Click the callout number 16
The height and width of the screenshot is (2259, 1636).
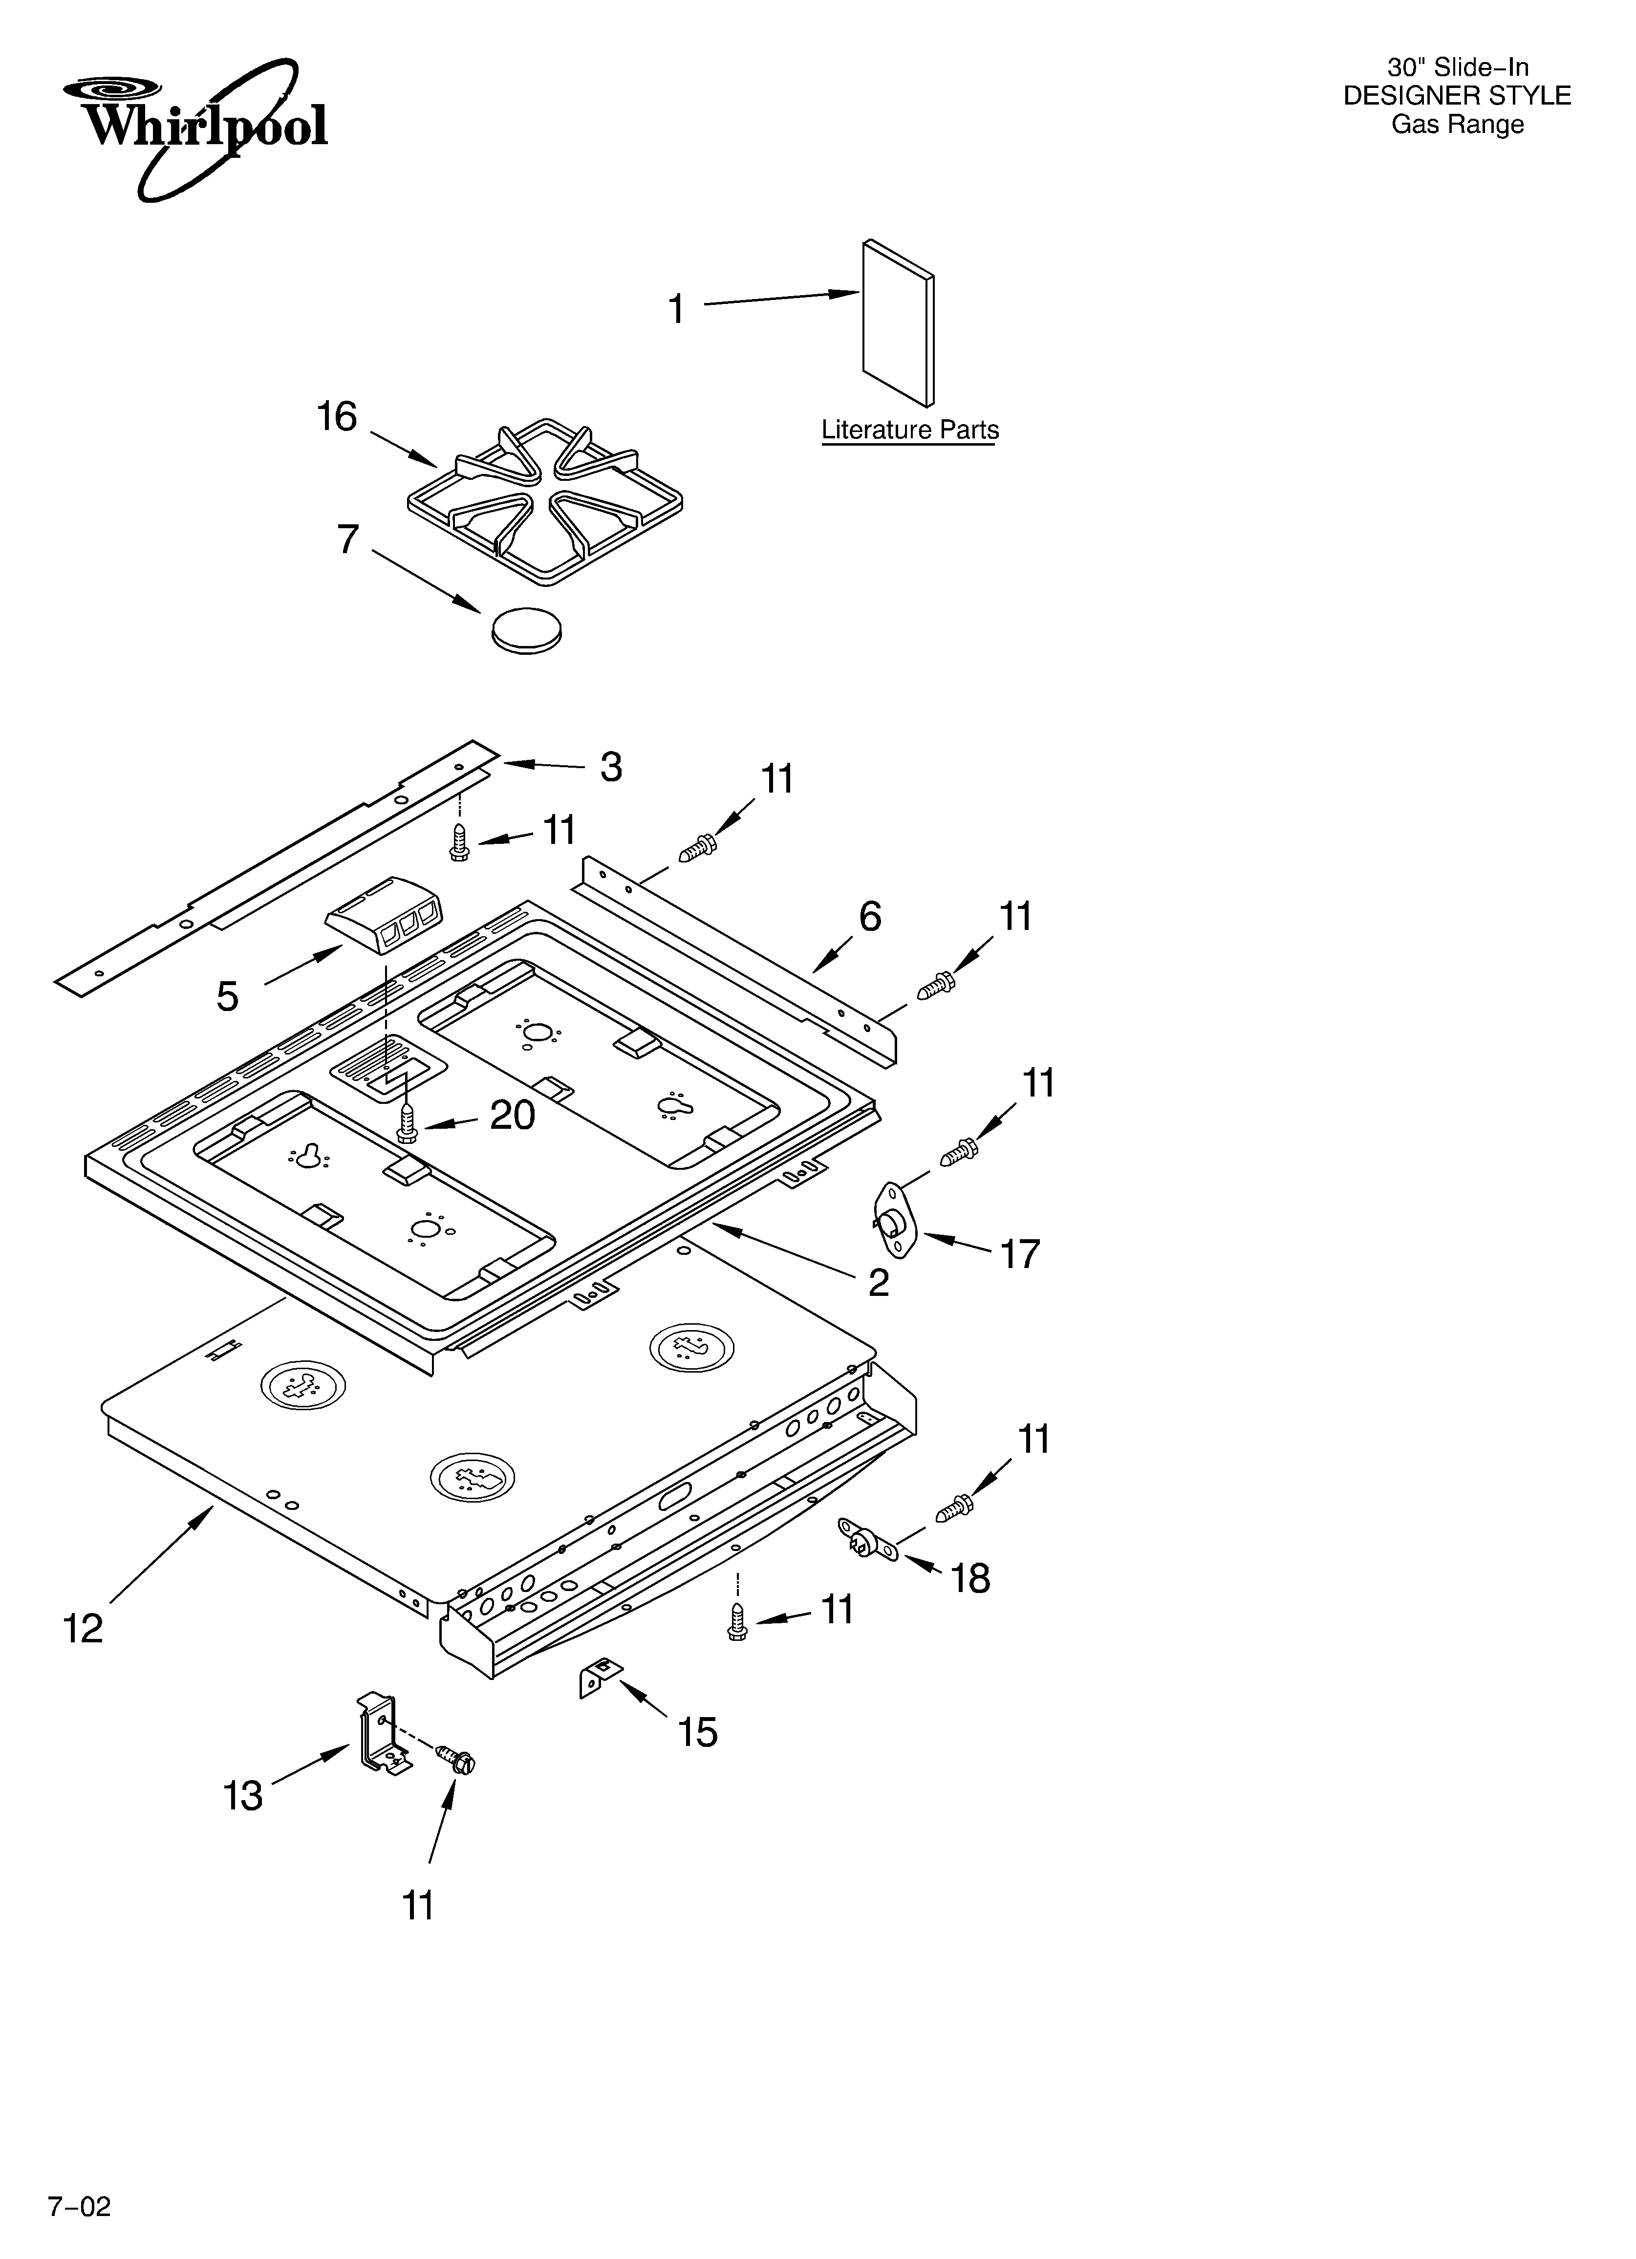click(337, 416)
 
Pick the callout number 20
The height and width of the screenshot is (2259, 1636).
click(512, 1116)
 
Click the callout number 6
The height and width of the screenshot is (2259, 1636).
click(870, 916)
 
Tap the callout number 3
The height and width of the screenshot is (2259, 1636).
click(611, 767)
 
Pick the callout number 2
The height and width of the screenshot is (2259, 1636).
click(878, 1283)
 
